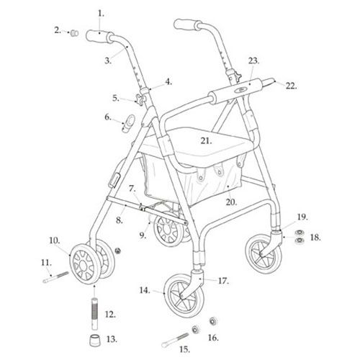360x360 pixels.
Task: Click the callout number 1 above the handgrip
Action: [101, 14]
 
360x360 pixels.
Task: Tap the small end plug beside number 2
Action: [74, 33]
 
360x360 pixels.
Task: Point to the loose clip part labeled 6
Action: [128, 123]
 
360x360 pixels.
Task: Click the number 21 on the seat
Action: [206, 140]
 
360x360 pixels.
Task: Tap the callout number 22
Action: [291, 86]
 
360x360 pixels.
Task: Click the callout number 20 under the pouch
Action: [231, 202]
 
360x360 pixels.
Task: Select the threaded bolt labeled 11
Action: [55, 276]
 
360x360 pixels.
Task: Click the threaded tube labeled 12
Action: [94, 313]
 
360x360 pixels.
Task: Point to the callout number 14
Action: [145, 290]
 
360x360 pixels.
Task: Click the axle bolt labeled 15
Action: [176, 339]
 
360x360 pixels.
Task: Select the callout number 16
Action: [213, 338]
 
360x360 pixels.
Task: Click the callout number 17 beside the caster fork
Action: [223, 281]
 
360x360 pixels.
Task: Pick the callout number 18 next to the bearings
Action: [315, 238]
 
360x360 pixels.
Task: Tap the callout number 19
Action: [302, 217]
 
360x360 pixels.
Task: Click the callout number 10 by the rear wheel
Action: [55, 240]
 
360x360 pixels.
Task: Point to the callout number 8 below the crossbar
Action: [120, 220]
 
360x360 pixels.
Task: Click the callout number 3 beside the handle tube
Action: [108, 60]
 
